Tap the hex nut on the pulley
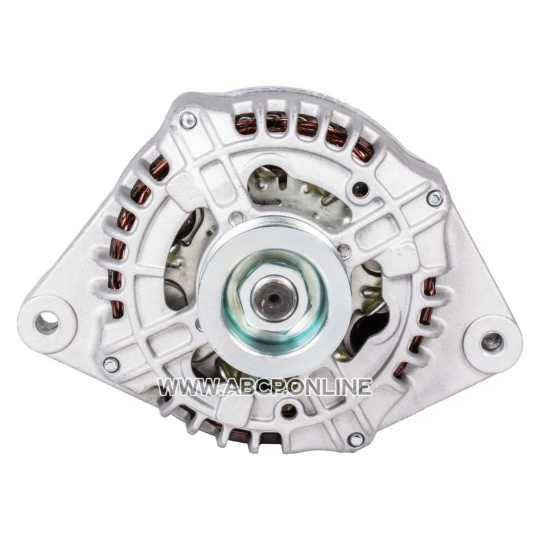(275, 298)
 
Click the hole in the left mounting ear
(47, 324)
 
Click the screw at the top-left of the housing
(188, 122)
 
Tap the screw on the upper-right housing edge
(435, 198)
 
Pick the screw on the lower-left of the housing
(111, 365)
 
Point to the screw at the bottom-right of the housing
(356, 439)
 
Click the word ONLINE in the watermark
(332, 387)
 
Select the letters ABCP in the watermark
(254, 387)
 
